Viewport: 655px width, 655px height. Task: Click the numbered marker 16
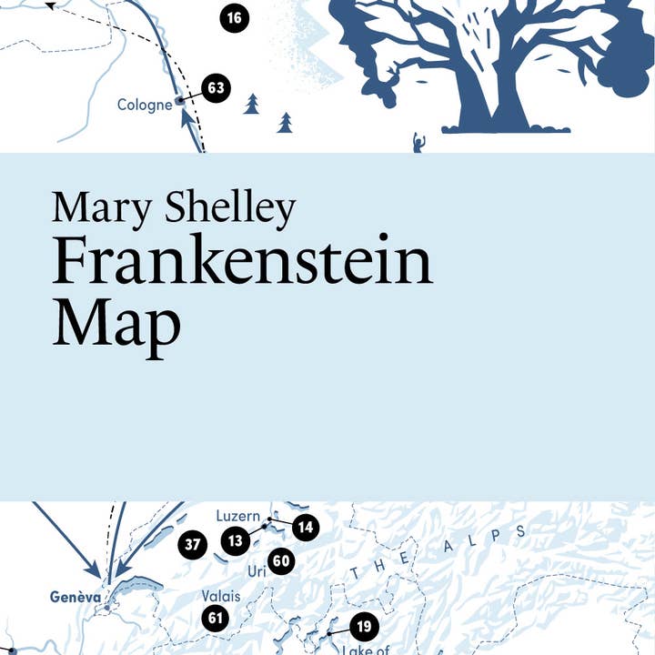coord(234,17)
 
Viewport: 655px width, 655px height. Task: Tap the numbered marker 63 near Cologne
coord(216,88)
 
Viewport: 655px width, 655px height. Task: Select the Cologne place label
coord(145,105)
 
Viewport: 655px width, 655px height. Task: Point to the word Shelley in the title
coord(231,209)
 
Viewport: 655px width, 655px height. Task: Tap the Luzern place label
coord(237,516)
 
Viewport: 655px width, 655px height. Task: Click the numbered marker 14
coord(306,526)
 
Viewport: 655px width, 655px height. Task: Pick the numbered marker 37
coord(192,545)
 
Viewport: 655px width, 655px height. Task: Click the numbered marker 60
coord(280,560)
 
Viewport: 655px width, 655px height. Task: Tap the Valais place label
coord(220,596)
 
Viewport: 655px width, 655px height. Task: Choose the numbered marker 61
coord(216,620)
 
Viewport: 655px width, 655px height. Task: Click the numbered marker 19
coord(363,626)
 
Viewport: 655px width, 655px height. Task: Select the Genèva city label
coord(76,598)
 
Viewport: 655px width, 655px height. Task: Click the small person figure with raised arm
coord(418,143)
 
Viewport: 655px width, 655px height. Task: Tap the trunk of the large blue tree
coord(497,105)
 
